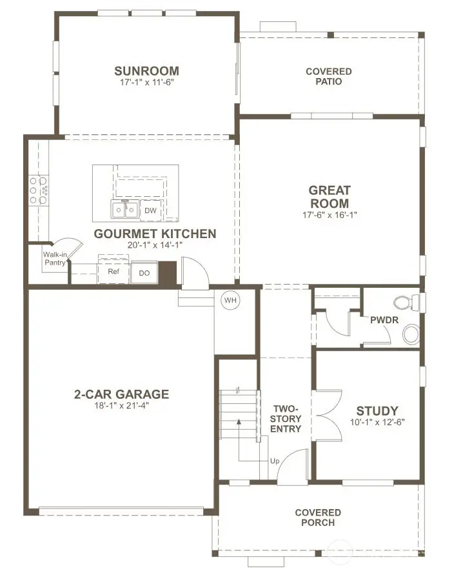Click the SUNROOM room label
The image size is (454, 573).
tap(146, 71)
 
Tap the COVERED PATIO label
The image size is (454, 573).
tap(328, 76)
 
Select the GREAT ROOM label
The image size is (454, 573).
tap(329, 197)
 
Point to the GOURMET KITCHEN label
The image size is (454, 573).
tap(155, 234)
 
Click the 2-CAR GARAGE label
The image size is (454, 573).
tap(121, 394)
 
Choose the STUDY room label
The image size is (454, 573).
tap(377, 410)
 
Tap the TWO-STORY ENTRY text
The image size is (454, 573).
tap(286, 419)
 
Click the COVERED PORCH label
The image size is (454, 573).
tap(318, 518)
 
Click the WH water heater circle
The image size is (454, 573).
tap(230, 300)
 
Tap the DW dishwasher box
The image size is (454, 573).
tap(150, 211)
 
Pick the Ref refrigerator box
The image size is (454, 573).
tap(113, 272)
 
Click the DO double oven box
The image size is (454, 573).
tap(144, 273)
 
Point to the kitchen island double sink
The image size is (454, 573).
tap(124, 210)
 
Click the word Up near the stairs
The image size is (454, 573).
tap(275, 462)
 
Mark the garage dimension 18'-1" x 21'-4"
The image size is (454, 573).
tap(121, 406)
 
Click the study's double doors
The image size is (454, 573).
tap(326, 412)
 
